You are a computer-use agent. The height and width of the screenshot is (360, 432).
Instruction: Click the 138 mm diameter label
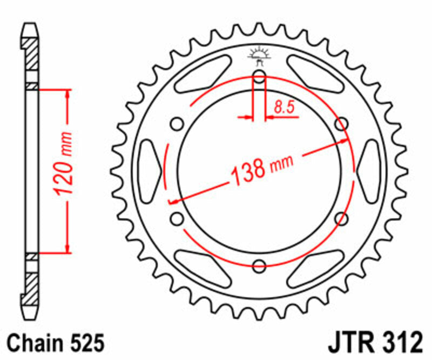tap(261, 169)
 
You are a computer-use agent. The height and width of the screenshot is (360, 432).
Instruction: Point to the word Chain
tap(36, 343)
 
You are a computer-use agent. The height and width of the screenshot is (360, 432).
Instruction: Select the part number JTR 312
tap(373, 343)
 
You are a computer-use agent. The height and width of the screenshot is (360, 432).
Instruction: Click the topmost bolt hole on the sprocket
tap(259, 77)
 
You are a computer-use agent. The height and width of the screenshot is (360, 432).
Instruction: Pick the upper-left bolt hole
tap(177, 125)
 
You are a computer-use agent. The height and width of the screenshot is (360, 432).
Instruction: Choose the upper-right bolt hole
tap(341, 125)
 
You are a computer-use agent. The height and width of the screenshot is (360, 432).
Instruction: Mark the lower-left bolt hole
tap(177, 218)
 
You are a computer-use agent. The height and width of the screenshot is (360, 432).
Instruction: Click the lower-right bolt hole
tap(341, 218)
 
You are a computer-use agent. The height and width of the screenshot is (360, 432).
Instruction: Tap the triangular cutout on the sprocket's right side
tap(369, 171)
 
